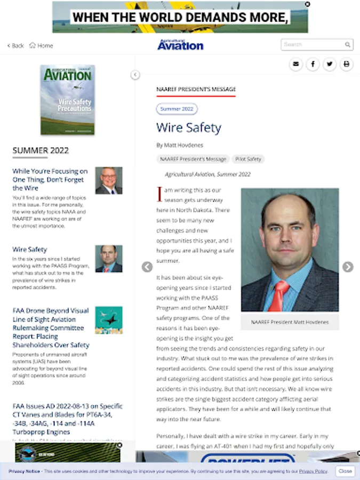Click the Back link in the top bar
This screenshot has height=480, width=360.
coord(15,46)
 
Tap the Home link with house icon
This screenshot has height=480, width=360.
coord(41,46)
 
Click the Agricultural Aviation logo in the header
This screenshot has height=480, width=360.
coord(180,45)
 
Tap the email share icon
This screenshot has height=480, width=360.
coord(296,65)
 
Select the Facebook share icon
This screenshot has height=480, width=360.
coord(313,65)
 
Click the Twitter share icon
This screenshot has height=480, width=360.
coord(330,65)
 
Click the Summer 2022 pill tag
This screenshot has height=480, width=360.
coord(177,109)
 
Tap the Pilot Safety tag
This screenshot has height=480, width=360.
coord(247,159)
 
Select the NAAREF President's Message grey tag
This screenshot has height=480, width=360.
coord(193,159)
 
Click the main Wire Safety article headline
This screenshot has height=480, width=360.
coord(188,128)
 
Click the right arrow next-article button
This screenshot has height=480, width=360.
coord(348,267)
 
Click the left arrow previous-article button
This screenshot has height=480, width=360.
coord(148,267)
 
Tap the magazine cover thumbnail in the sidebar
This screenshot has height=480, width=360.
coord(68,100)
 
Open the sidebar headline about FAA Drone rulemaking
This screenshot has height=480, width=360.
coord(51,327)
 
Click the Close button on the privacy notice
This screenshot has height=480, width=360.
coord(345,471)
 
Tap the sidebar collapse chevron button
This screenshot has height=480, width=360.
coord(135,75)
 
